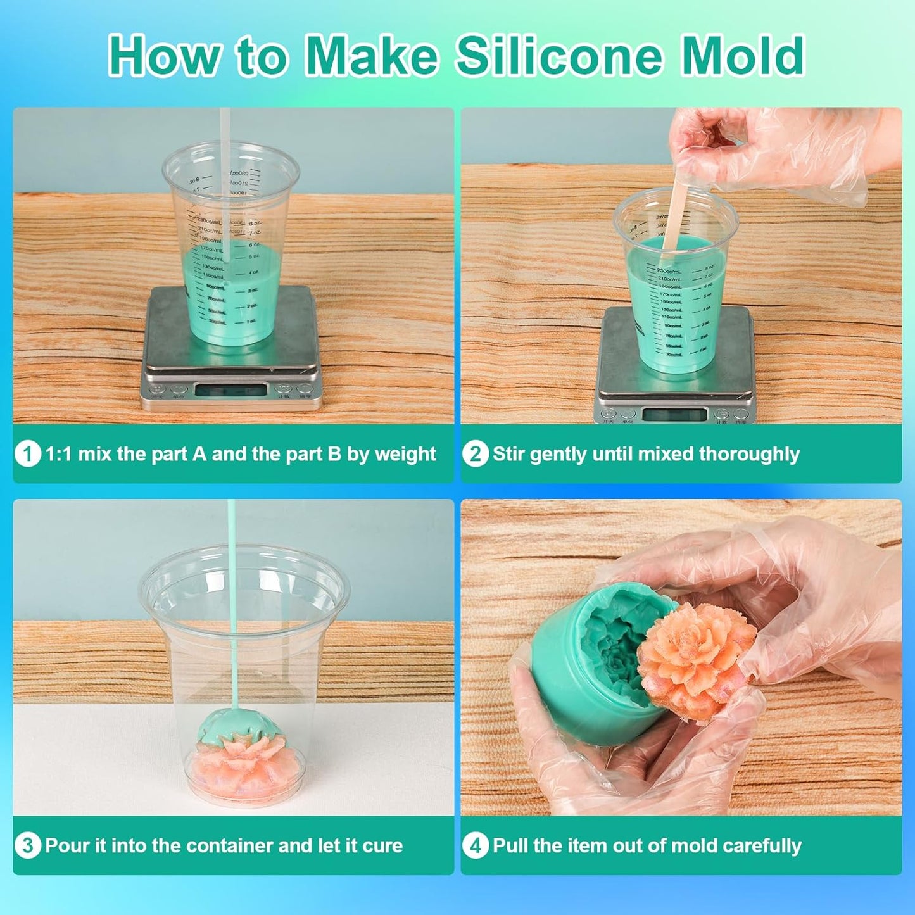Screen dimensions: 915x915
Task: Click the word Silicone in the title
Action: coord(559,56)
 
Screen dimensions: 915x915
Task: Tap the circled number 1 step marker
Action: coord(27,454)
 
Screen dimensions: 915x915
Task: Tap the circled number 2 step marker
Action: coord(475,454)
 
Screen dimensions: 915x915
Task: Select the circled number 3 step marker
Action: coord(27,845)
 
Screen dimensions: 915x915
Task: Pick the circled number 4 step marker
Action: coord(475,845)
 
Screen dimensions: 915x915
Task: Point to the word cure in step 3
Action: coord(382,846)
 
